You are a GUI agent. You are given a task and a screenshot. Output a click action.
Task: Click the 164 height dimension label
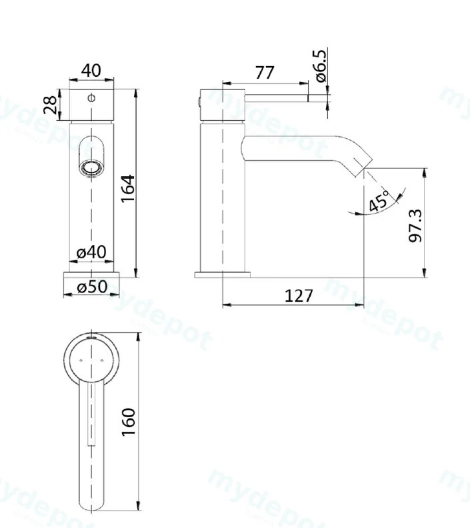click(128, 188)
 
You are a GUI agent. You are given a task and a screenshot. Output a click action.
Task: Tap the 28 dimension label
click(50, 105)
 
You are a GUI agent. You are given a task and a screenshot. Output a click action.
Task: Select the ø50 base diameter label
click(92, 286)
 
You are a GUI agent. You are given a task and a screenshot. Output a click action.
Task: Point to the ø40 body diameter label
click(91, 252)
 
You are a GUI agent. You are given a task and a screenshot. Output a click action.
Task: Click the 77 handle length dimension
click(265, 72)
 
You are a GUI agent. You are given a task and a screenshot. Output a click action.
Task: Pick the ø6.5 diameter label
click(321, 65)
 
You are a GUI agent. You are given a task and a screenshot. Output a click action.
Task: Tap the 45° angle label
click(379, 202)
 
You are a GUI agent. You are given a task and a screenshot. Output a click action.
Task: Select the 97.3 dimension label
click(415, 226)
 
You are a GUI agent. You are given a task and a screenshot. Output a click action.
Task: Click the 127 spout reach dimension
click(299, 296)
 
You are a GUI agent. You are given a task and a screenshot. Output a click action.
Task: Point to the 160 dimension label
click(129, 423)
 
